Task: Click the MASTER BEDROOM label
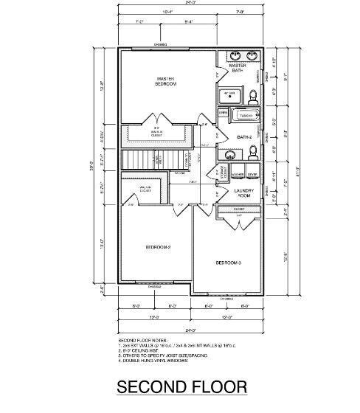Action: (x=164, y=80)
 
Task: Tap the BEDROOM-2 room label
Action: (x=158, y=247)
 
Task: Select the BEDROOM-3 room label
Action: (x=228, y=263)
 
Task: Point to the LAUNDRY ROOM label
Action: (x=243, y=193)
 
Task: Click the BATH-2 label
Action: (x=245, y=137)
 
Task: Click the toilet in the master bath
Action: (x=252, y=95)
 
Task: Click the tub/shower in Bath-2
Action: (x=243, y=116)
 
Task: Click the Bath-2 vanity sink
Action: (x=229, y=155)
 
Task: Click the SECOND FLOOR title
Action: (x=181, y=387)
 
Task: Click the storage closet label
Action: (x=223, y=172)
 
